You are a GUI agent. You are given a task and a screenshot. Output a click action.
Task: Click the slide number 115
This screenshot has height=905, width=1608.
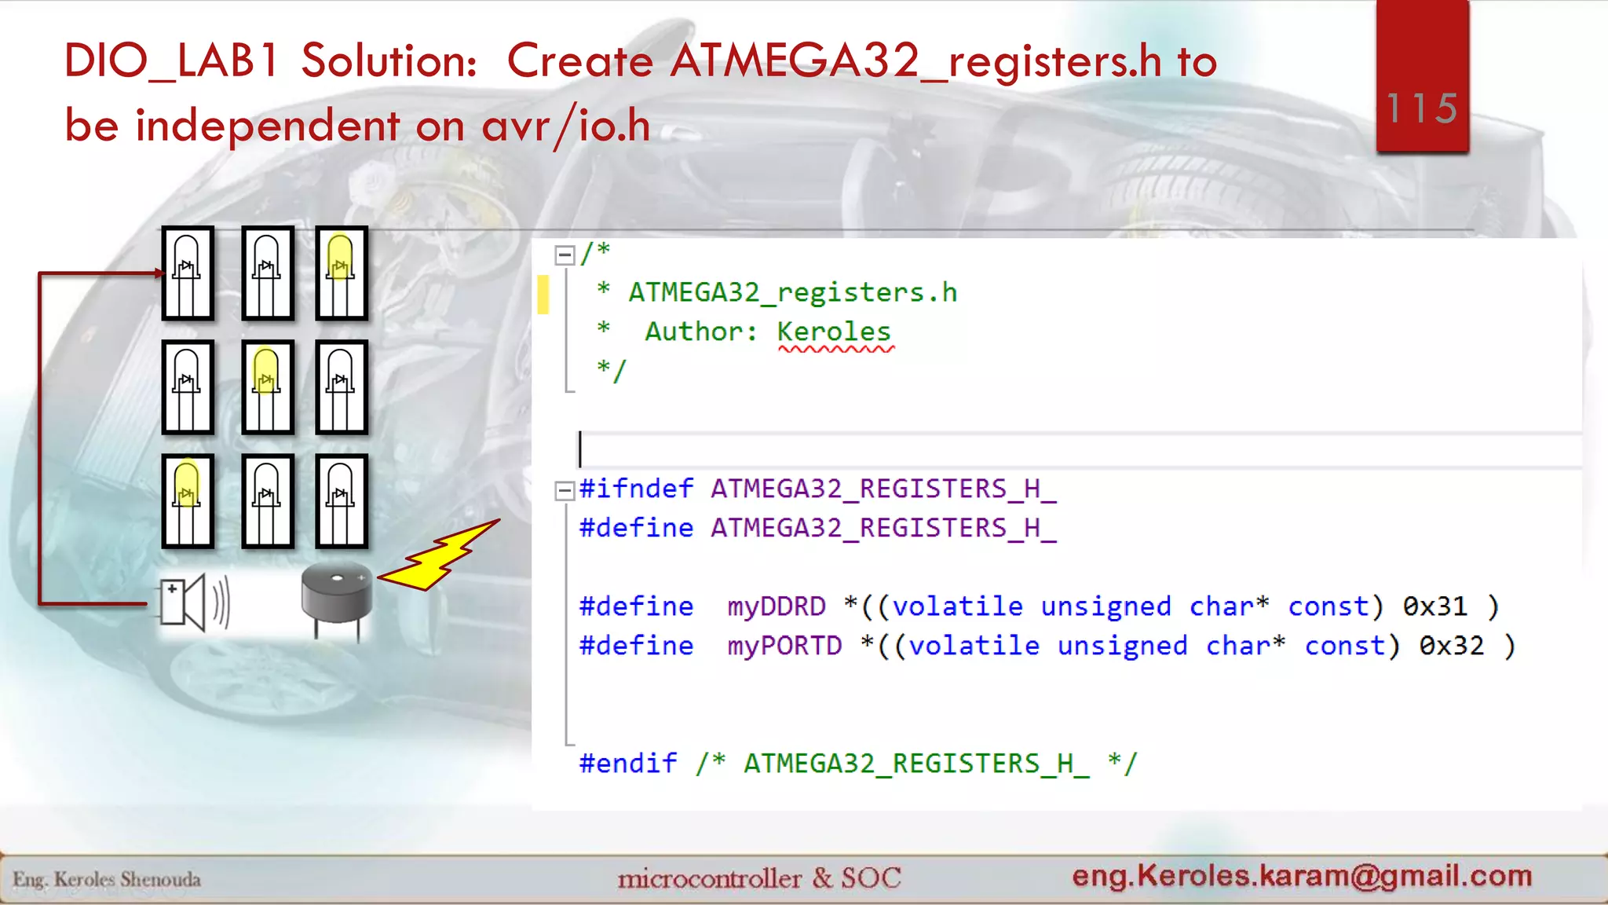point(1422,108)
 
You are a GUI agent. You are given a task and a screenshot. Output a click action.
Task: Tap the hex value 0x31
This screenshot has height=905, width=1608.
point(1434,606)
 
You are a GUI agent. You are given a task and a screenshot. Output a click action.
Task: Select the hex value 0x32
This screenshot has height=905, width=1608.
point(1451,646)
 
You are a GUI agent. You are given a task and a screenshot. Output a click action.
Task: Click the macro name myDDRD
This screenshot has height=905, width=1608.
point(776,606)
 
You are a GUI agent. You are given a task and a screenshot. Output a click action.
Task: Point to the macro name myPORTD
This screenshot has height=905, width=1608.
point(784,646)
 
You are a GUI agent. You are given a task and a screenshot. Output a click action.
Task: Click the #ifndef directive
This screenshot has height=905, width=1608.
point(636,489)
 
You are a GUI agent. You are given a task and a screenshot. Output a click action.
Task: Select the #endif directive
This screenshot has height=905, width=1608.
point(627,764)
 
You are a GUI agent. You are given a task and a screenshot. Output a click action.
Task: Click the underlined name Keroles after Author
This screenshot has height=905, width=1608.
point(834,332)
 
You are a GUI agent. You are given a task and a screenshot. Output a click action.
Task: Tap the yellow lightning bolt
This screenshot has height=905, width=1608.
point(440,556)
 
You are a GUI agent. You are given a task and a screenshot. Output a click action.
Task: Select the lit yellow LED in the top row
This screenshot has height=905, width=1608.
point(341,273)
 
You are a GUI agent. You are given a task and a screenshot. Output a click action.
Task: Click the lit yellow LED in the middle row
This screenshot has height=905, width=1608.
point(267,387)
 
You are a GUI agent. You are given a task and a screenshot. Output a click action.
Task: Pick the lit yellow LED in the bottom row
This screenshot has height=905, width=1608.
point(187,500)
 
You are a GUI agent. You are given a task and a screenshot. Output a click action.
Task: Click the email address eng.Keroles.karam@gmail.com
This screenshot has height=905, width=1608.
point(1302,875)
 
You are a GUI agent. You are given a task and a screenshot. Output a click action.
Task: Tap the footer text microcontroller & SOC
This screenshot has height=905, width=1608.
point(758,878)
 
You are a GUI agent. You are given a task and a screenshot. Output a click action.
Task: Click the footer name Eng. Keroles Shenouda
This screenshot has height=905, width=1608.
point(107,879)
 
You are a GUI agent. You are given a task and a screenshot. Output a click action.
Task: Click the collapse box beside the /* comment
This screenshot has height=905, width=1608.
point(564,255)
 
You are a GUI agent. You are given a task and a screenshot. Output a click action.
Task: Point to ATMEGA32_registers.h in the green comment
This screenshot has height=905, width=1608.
point(792,292)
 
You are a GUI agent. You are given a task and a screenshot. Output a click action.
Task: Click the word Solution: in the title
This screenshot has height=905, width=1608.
point(389,60)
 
